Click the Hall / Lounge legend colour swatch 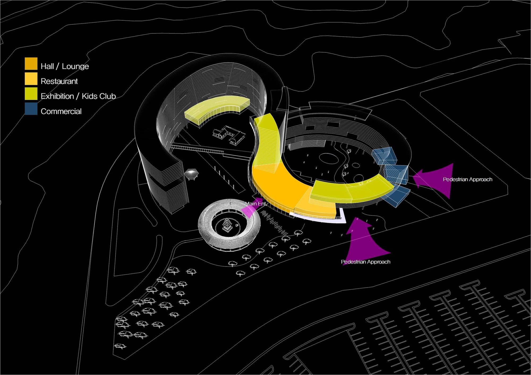pyautogui.click(x=31, y=64)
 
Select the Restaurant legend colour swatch pyautogui.click(x=31, y=79)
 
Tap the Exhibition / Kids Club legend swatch pyautogui.click(x=31, y=94)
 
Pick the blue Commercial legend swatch pyautogui.click(x=31, y=109)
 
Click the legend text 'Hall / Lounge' pyautogui.click(x=65, y=66)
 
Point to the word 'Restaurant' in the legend pyautogui.click(x=59, y=81)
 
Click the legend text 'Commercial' pyautogui.click(x=61, y=111)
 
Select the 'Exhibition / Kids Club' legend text pyautogui.click(x=78, y=96)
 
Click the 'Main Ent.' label pyautogui.click(x=255, y=204)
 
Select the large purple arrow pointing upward pyautogui.click(x=366, y=240)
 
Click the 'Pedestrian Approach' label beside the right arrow pyautogui.click(x=468, y=179)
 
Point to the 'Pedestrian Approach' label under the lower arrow pyautogui.click(x=366, y=262)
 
